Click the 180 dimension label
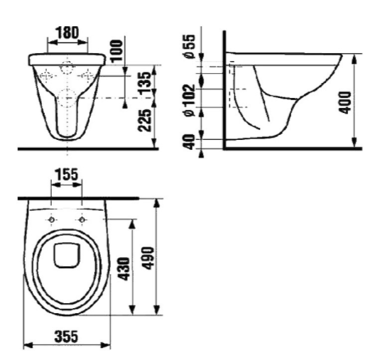(x=67, y=33)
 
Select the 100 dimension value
(x=116, y=50)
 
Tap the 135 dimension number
(x=144, y=83)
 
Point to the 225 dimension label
(x=144, y=121)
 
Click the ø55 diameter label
(x=189, y=46)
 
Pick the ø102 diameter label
(x=189, y=100)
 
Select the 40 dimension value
(x=189, y=142)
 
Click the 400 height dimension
(x=344, y=102)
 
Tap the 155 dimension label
(x=67, y=175)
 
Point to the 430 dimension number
(x=125, y=269)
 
